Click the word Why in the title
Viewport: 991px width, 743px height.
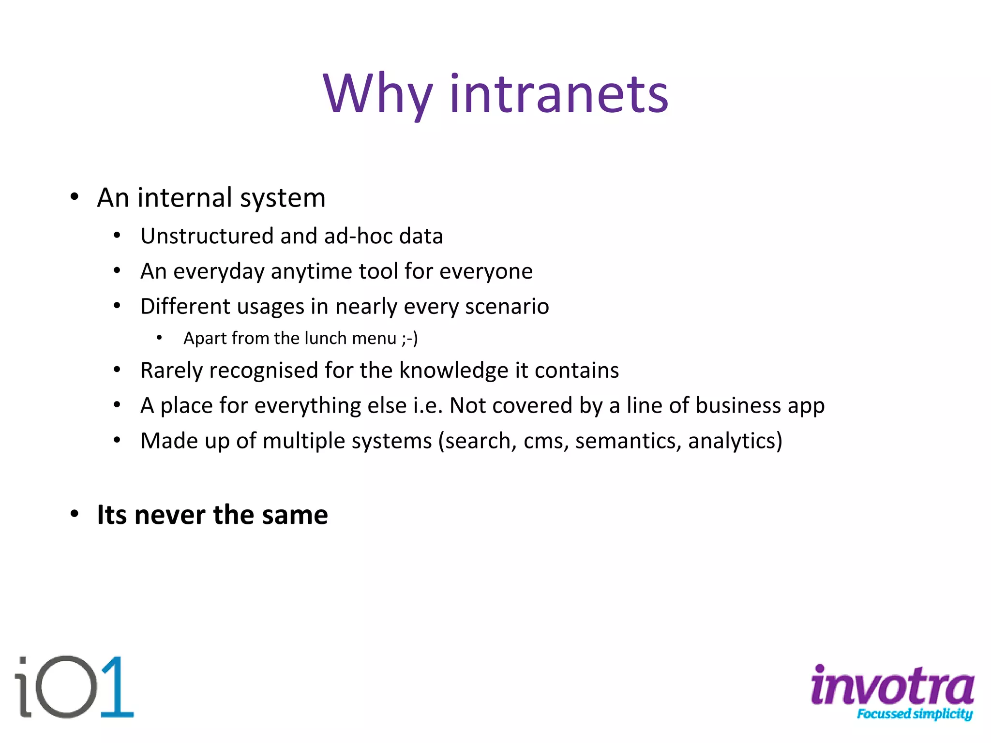377,94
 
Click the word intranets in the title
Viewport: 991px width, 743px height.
559,94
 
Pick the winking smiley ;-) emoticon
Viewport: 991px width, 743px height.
409,338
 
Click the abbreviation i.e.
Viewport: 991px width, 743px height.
428,405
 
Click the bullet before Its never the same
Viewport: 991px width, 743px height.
74,514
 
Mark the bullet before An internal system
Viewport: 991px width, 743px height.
74,197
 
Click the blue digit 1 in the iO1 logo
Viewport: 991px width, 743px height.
118,687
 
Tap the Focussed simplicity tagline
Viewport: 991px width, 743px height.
915,714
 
